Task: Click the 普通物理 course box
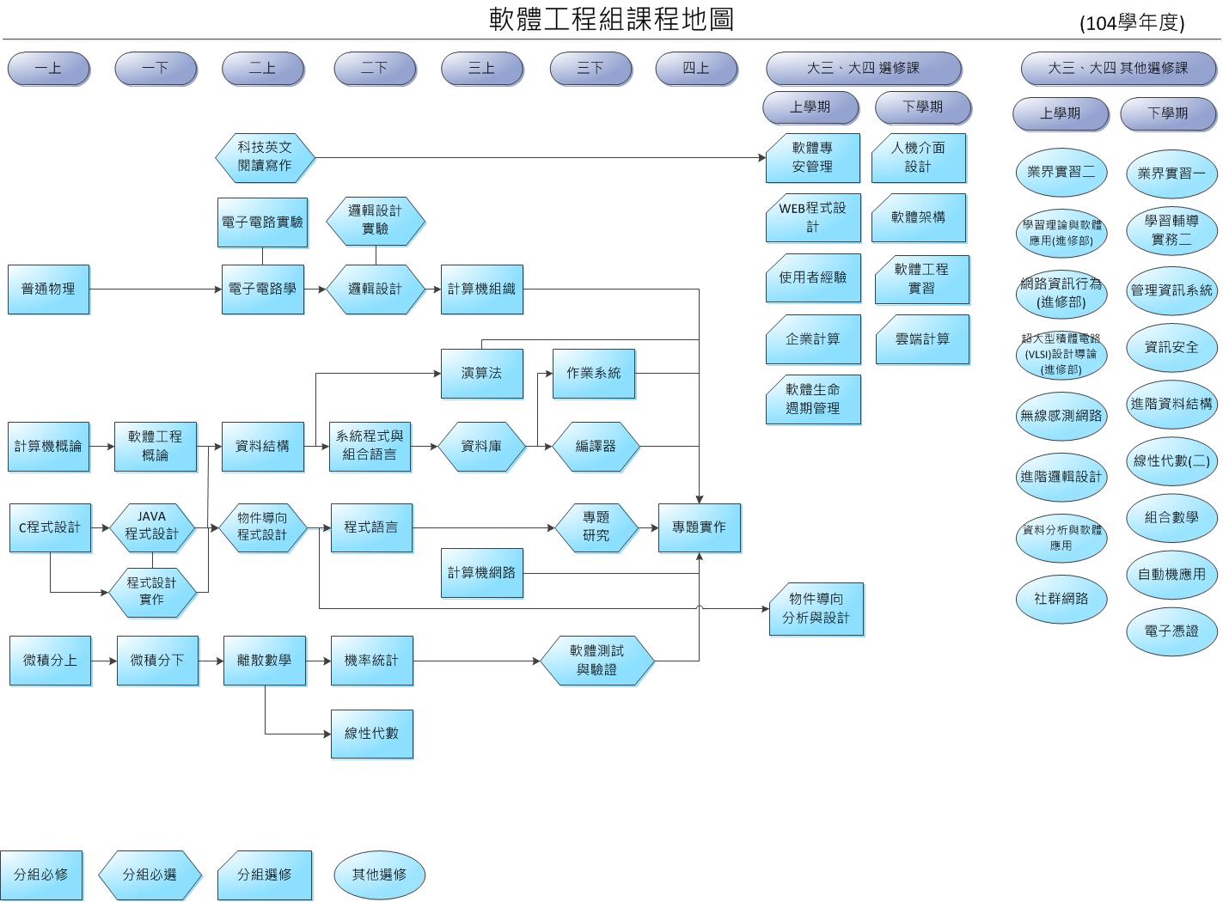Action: coord(48,289)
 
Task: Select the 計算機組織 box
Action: coord(481,289)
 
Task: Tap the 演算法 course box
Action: coord(481,374)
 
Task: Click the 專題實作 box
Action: coord(699,527)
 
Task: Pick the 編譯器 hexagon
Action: coord(596,447)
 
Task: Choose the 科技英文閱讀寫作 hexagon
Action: coord(265,157)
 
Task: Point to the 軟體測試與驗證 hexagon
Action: coord(596,661)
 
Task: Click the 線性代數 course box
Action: coord(371,734)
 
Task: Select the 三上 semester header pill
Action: coord(481,69)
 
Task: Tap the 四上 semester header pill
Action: coord(696,69)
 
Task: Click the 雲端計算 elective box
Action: coord(922,339)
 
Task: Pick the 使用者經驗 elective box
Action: coord(813,277)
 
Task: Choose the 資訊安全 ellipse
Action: coord(1171,347)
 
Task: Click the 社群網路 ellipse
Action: coord(1061,599)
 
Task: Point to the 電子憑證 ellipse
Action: coord(1171,631)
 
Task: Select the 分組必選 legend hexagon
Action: coord(150,875)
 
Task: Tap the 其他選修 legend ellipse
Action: coord(379,875)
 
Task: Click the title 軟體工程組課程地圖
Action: coord(611,19)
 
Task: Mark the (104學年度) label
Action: coord(1132,23)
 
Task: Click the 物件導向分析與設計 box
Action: coord(816,609)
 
